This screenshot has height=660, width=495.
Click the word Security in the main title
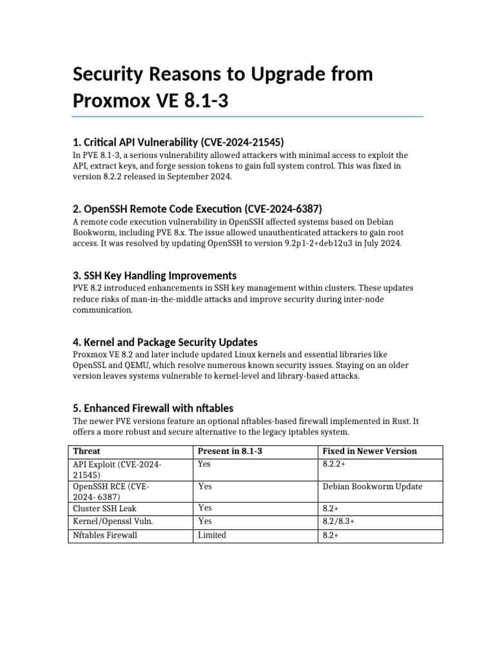tap(112, 75)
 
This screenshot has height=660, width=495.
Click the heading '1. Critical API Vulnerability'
tap(179, 142)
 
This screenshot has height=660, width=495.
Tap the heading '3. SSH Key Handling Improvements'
tap(155, 275)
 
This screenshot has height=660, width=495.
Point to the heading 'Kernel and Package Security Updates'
tap(166, 342)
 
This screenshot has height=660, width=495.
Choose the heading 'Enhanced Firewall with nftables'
tap(153, 408)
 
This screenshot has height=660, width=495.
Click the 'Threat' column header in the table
tap(87, 451)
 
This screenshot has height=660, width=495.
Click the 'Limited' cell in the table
tap(212, 535)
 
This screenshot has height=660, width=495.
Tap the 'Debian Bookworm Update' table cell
tap(373, 487)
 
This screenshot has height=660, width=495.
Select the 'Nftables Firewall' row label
tap(106, 535)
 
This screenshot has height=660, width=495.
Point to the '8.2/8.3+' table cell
tap(338, 521)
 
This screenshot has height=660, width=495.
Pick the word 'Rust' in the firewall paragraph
tap(396, 421)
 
